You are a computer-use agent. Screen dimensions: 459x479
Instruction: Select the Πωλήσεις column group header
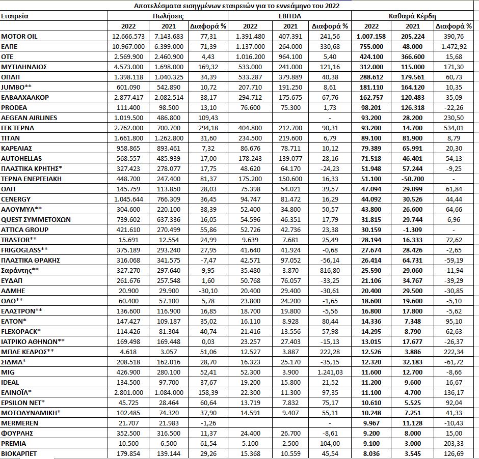coord(169,16)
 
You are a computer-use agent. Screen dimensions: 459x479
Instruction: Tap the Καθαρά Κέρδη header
coord(412,16)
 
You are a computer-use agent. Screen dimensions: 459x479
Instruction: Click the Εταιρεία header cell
coord(15,16)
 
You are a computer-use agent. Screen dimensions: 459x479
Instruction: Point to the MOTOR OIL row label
coord(19,37)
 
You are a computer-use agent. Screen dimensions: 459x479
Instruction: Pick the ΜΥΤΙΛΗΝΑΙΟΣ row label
coord(24,67)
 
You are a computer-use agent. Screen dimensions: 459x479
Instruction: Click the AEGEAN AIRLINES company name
coord(29,118)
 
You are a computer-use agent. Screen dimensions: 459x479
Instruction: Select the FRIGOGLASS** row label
coord(24,250)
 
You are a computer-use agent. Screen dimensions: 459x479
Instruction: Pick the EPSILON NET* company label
coord(24,403)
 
